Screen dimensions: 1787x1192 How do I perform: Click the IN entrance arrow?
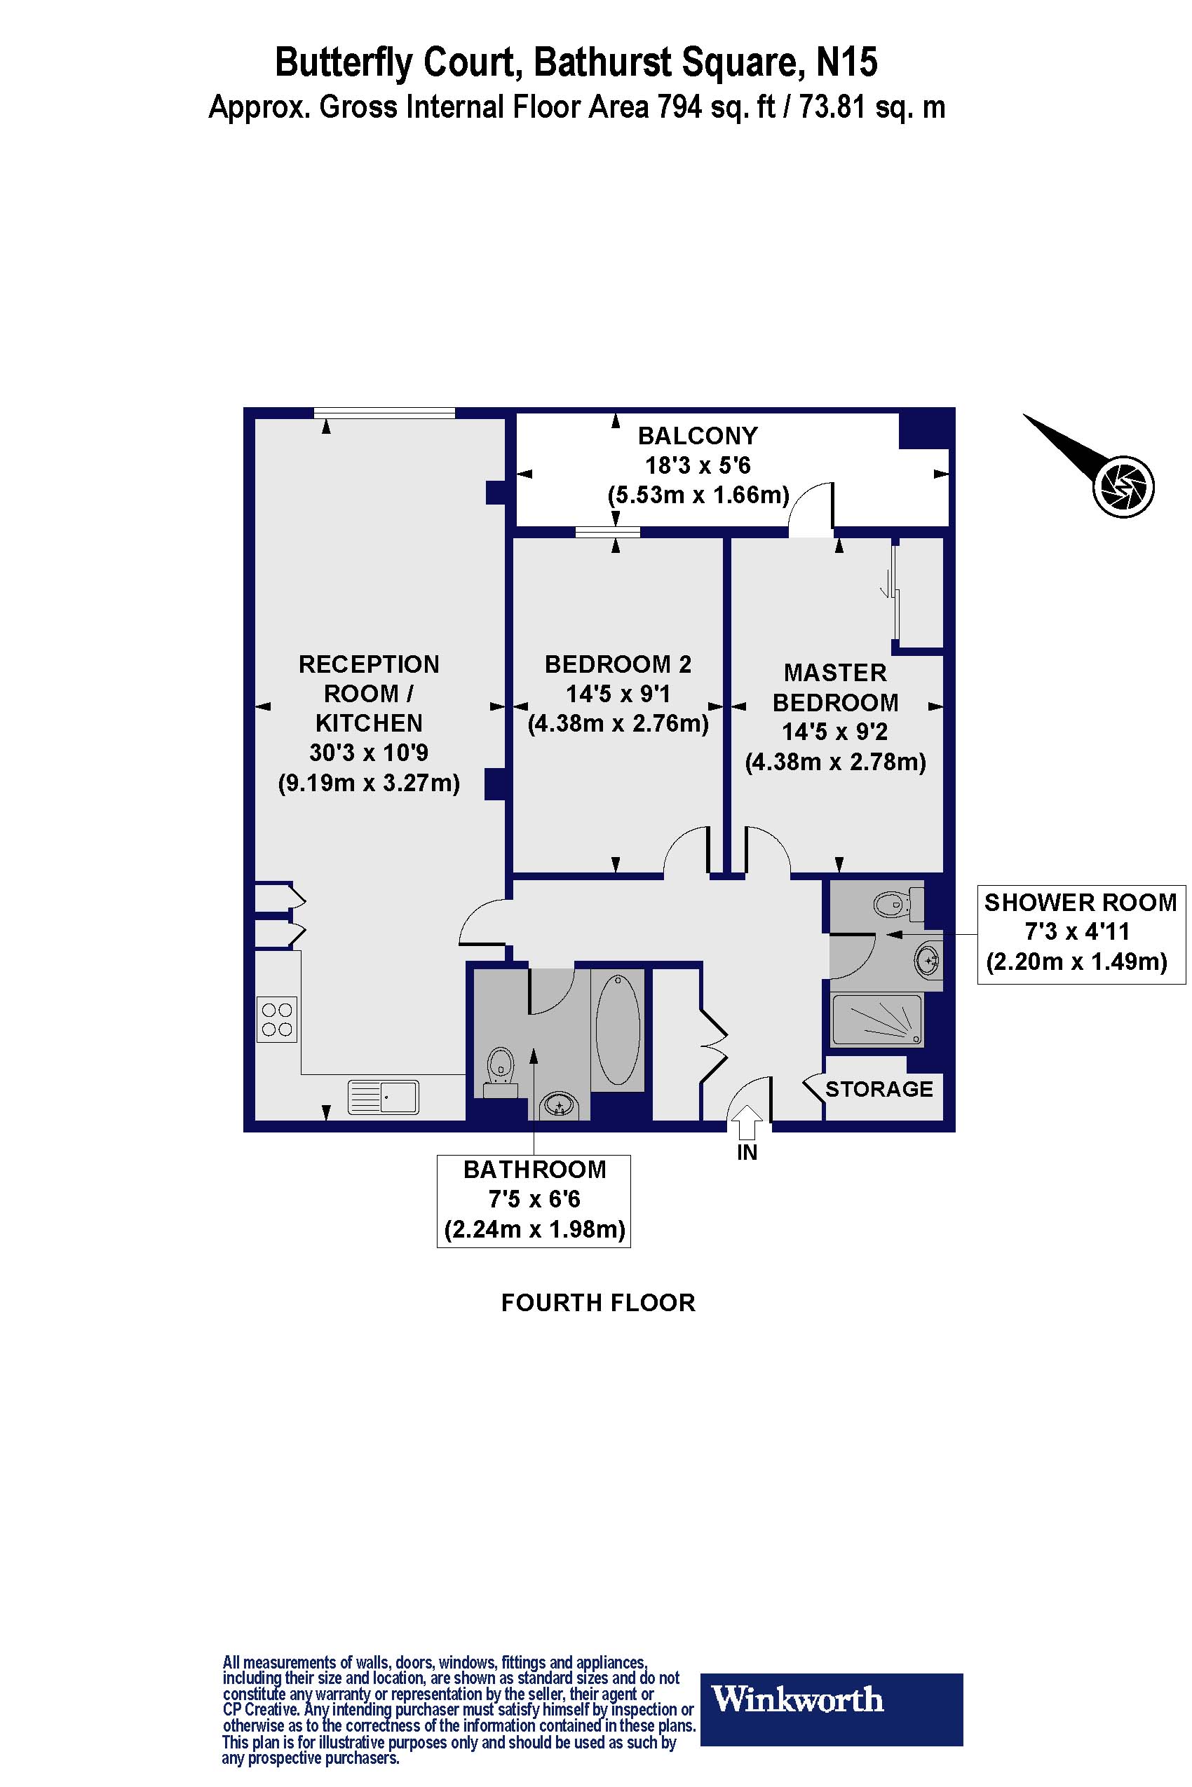[747, 1119]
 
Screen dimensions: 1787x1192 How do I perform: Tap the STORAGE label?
[879, 1089]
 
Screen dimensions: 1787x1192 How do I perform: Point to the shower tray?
[877, 1019]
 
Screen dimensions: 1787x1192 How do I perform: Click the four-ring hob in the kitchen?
[277, 1020]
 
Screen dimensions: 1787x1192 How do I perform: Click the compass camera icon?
[1123, 486]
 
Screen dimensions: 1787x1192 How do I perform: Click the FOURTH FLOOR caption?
[598, 1303]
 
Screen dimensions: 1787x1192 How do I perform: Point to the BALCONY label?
[697, 435]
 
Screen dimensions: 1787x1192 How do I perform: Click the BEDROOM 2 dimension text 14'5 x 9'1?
[618, 694]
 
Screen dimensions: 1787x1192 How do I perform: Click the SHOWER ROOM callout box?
[1081, 933]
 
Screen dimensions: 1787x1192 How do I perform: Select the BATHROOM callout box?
[534, 1200]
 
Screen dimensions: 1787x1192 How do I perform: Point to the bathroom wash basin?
[560, 1104]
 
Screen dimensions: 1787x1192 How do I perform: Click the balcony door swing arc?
[807, 507]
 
